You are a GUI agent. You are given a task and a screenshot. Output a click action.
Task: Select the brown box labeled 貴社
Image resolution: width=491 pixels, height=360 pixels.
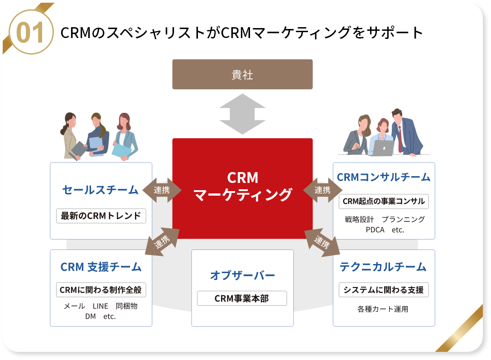(x=242, y=74)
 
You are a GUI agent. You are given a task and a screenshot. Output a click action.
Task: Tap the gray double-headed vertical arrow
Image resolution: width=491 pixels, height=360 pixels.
(x=242, y=114)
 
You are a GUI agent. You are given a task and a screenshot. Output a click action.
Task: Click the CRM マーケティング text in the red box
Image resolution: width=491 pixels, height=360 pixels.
(x=242, y=186)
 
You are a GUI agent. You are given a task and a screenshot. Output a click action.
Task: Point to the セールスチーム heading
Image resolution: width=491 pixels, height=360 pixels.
(x=100, y=190)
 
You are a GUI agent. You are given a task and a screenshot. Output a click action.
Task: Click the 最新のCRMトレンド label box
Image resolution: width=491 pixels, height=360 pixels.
(x=101, y=216)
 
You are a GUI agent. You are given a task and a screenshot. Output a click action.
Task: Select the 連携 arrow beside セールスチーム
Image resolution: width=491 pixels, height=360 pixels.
(x=162, y=190)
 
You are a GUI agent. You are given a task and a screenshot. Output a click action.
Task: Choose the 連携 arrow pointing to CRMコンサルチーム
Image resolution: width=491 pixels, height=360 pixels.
(x=323, y=190)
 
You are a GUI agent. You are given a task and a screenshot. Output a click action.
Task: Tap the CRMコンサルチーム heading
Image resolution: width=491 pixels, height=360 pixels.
(x=384, y=177)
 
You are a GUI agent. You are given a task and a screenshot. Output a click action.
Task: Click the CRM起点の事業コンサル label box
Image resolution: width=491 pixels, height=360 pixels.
(x=384, y=201)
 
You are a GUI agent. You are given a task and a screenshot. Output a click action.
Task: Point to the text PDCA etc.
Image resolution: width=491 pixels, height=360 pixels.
(x=385, y=230)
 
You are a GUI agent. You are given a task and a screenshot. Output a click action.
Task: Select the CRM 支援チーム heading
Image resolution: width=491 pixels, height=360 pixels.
(x=101, y=267)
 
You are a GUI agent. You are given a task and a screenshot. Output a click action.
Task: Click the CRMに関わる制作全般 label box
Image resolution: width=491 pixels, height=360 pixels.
(x=101, y=290)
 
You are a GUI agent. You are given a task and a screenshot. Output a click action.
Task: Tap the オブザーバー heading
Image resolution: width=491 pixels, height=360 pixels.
(x=242, y=275)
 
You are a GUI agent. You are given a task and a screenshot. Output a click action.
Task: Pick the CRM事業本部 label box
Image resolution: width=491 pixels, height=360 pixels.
(x=242, y=298)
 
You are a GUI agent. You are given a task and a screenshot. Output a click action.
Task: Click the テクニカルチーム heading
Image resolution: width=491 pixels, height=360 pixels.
(x=383, y=267)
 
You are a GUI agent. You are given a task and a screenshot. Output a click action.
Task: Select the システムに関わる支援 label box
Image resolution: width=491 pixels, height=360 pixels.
(x=384, y=290)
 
